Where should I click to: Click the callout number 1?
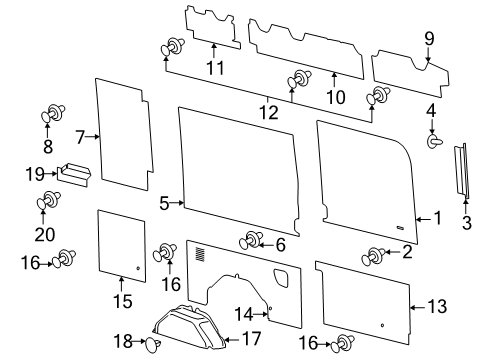point(437,217)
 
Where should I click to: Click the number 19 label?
point(34,172)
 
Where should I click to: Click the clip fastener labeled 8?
point(52,116)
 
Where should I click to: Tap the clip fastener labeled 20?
point(46,204)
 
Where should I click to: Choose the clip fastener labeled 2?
point(378,255)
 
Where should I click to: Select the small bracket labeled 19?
point(74,172)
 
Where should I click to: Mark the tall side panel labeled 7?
point(123,134)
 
